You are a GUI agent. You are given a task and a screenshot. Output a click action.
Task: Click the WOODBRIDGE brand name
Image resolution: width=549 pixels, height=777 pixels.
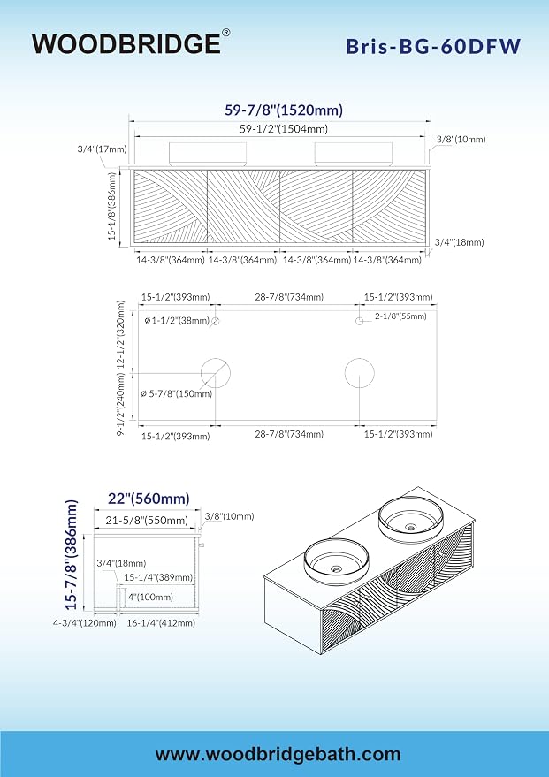click(126, 43)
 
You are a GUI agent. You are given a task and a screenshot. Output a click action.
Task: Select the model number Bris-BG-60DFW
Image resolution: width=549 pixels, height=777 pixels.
click(433, 46)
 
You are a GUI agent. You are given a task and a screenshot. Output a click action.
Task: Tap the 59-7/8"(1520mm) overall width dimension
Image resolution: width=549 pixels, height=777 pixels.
click(284, 110)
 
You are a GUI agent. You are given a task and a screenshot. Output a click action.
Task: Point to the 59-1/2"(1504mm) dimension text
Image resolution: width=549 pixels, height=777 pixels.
click(284, 129)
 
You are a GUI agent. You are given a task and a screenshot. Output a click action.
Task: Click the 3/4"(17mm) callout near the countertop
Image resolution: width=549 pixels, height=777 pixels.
click(102, 149)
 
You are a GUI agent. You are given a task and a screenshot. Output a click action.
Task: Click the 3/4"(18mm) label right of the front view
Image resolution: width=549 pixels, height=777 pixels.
click(460, 242)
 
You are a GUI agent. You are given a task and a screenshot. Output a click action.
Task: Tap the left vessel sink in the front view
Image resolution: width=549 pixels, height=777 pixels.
click(208, 154)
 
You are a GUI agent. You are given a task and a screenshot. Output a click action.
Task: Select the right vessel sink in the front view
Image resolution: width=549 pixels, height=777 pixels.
click(354, 154)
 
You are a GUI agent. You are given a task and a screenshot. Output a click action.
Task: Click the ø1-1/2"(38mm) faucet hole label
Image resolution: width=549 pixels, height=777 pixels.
click(177, 321)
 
